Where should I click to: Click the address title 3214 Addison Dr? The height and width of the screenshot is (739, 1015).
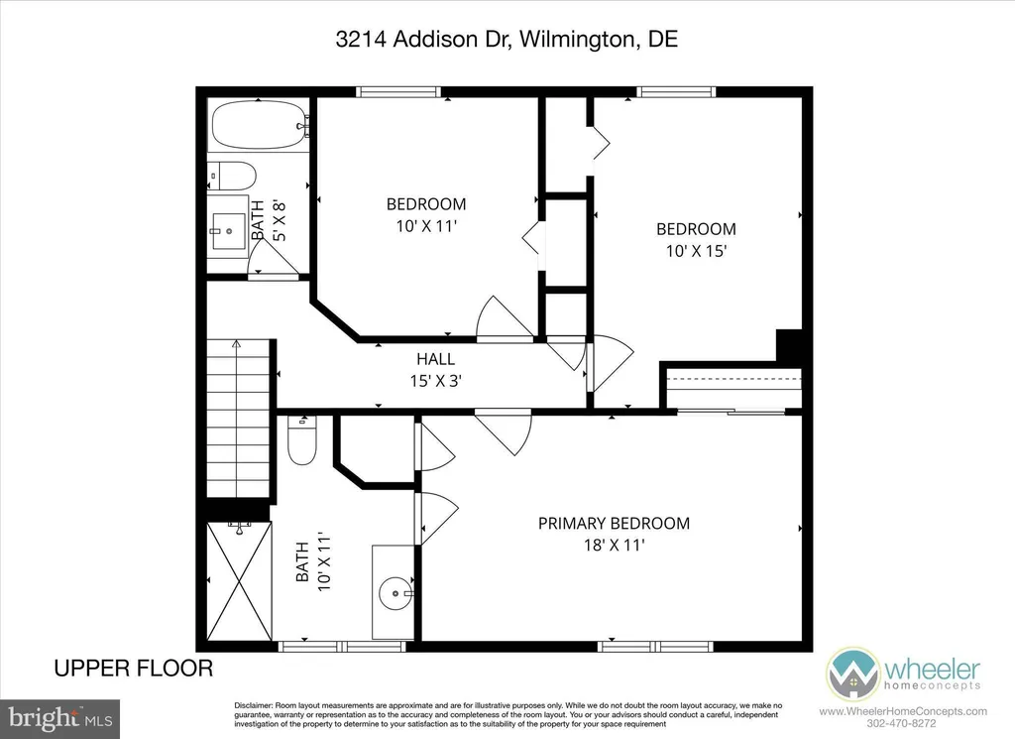(x=507, y=41)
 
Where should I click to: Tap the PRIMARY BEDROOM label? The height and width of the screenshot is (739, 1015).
(x=614, y=523)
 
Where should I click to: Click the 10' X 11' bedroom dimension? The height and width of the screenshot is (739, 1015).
(x=425, y=225)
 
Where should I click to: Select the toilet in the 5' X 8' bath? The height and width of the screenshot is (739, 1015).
(x=231, y=176)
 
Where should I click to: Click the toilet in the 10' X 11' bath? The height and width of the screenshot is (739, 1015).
(x=301, y=441)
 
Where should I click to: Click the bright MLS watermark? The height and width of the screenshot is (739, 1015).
(x=59, y=716)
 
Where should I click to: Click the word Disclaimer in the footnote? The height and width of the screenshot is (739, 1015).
(x=255, y=705)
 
